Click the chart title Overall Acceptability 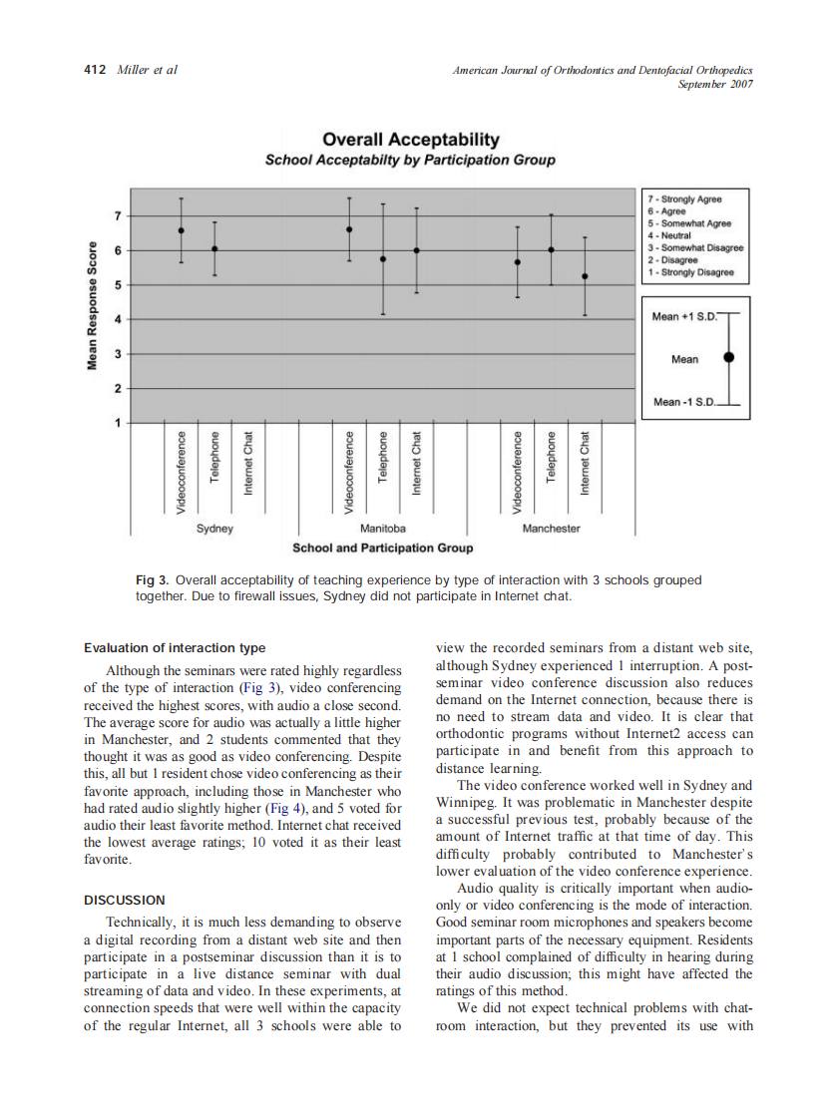(x=410, y=140)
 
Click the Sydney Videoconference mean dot (x=181, y=230)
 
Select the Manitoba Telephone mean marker (x=383, y=258)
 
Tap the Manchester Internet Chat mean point (x=586, y=276)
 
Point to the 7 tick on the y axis (x=119, y=215)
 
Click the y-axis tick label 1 (x=119, y=423)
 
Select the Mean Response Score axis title (x=92, y=306)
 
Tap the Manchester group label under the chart (x=551, y=529)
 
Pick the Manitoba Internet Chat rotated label (x=417, y=463)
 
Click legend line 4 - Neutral (x=674, y=235)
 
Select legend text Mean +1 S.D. (x=684, y=316)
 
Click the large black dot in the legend (x=729, y=357)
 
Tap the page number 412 (x=94, y=70)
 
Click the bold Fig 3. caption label (x=153, y=579)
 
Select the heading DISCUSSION (x=125, y=900)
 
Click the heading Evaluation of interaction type (x=175, y=648)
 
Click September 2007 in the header (x=714, y=84)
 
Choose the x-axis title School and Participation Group (x=382, y=548)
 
